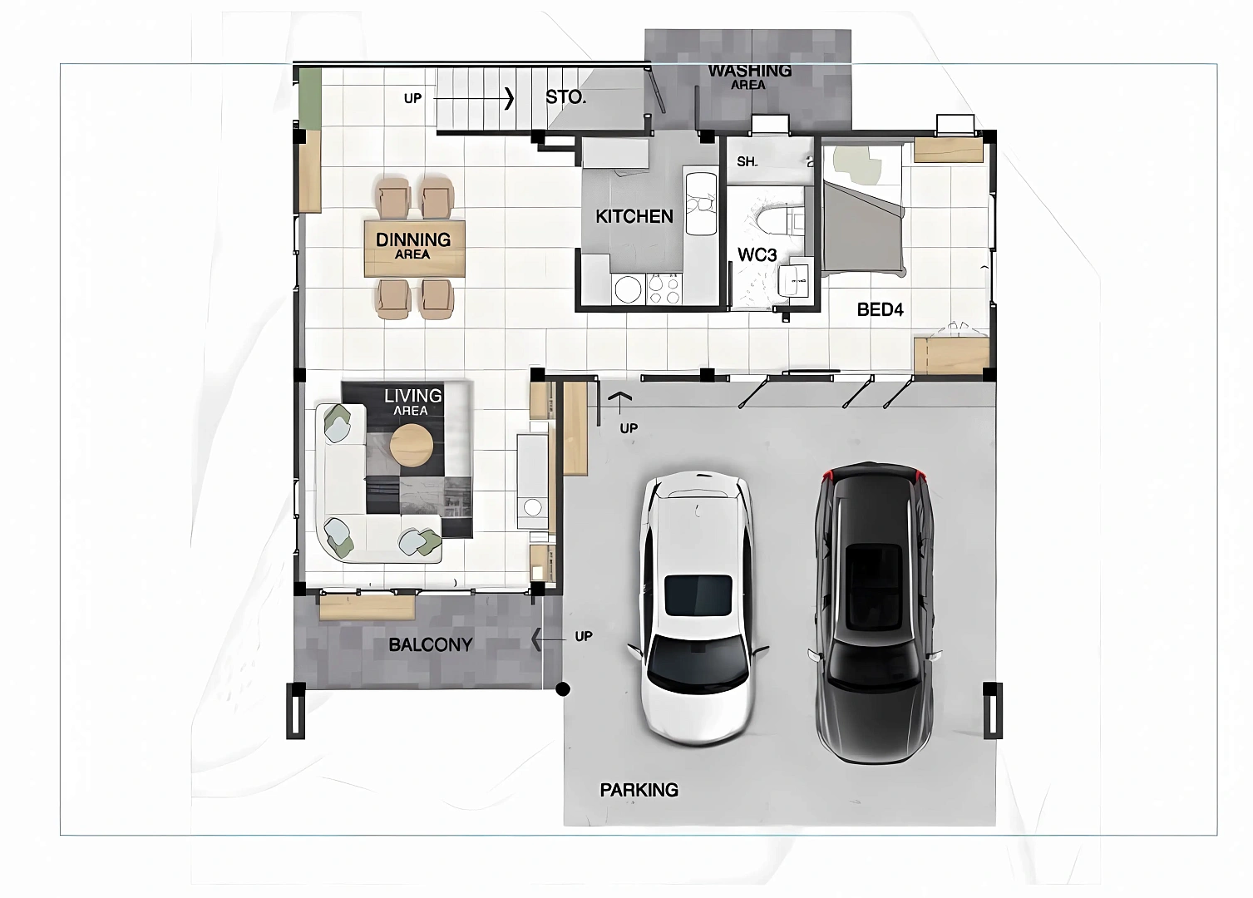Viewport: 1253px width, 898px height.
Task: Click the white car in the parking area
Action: (698, 608)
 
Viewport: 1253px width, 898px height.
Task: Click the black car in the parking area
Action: (875, 613)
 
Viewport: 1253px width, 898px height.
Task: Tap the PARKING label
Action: (639, 790)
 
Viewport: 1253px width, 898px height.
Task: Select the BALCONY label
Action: (430, 644)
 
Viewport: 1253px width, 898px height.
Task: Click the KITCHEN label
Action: (634, 216)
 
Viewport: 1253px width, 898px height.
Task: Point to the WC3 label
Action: (757, 255)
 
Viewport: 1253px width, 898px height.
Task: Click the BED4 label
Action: (881, 309)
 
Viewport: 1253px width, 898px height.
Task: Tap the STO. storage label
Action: (566, 97)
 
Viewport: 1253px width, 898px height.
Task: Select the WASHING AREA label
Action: (750, 76)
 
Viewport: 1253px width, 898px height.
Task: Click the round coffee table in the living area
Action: (411, 446)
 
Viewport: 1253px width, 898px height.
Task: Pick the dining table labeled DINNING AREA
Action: (415, 249)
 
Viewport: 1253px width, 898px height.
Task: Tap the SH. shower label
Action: (747, 161)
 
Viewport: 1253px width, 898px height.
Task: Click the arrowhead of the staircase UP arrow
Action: (509, 98)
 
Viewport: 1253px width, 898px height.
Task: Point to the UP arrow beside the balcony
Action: (549, 639)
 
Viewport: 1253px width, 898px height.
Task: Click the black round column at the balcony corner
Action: (563, 689)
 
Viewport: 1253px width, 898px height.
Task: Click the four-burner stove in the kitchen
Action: (664, 289)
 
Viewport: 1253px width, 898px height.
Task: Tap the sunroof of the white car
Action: (698, 595)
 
